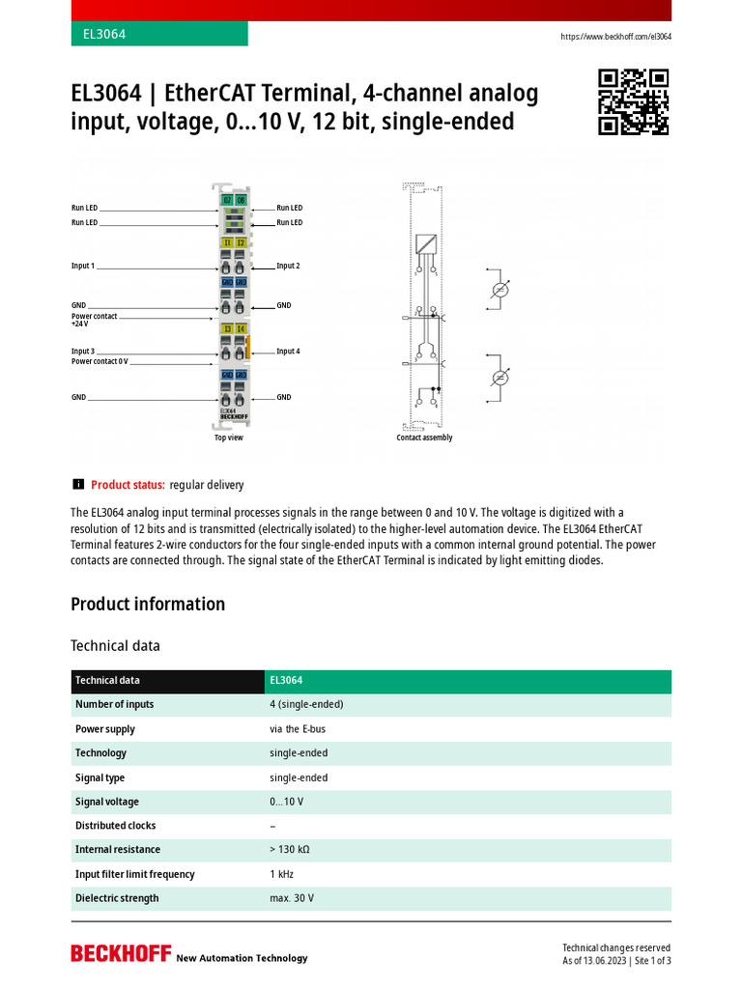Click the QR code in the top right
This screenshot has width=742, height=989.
(x=634, y=102)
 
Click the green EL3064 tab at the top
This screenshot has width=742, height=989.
(x=158, y=34)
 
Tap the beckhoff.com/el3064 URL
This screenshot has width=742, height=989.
(x=615, y=37)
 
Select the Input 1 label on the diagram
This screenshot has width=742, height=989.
(x=83, y=266)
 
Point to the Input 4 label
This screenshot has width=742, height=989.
(x=288, y=352)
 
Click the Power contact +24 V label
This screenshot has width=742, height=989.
(x=94, y=321)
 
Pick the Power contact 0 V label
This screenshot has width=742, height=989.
(x=99, y=361)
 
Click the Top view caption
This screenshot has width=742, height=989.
(x=229, y=438)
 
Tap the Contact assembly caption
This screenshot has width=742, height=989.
(x=424, y=438)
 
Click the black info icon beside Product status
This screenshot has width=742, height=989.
(x=78, y=484)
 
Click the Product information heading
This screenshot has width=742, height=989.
(x=148, y=605)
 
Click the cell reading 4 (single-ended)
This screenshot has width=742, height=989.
(x=306, y=704)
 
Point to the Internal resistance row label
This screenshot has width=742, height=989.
(x=118, y=850)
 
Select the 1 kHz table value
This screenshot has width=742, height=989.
(x=282, y=874)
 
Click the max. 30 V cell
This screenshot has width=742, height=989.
(x=292, y=898)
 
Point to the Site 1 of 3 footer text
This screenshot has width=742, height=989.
(x=651, y=961)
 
